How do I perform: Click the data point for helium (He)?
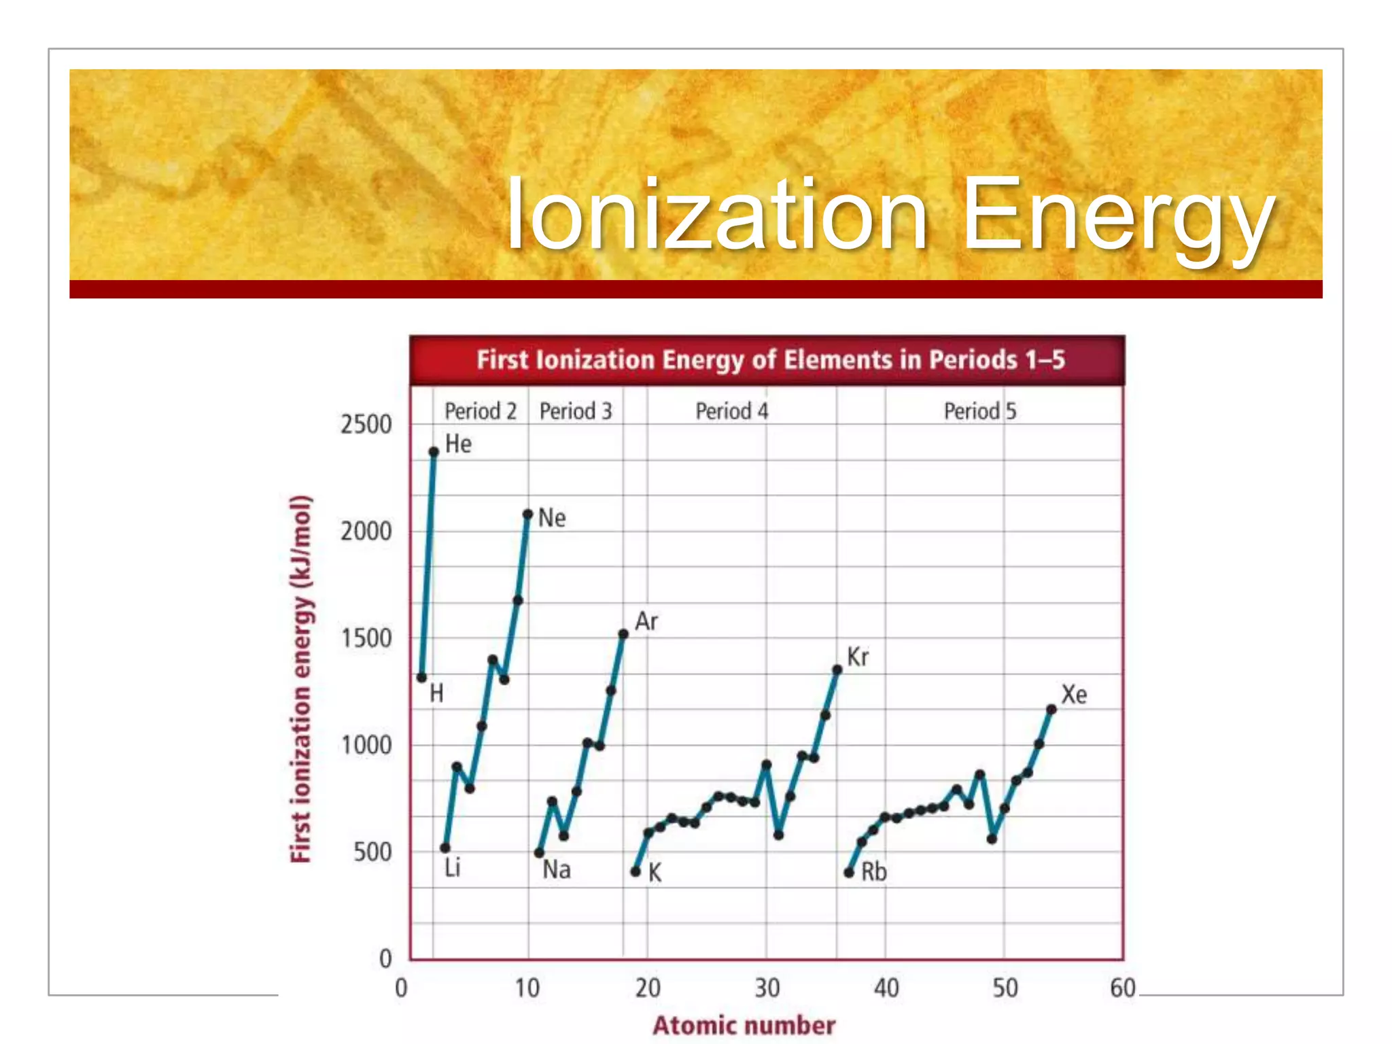(x=434, y=452)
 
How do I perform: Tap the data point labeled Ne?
(x=528, y=515)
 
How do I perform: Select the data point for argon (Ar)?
(x=623, y=634)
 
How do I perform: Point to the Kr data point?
(x=837, y=670)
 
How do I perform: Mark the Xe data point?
(x=1051, y=710)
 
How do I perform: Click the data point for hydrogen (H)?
(x=421, y=678)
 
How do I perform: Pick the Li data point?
(x=445, y=848)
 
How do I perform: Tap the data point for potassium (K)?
(x=636, y=871)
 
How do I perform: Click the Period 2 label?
(x=481, y=411)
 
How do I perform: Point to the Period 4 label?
(x=731, y=411)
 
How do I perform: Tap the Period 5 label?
(x=980, y=411)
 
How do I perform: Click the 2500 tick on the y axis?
(x=366, y=425)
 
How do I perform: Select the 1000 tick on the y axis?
(x=366, y=746)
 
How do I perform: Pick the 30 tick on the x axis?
(x=767, y=988)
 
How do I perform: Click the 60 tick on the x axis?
(x=1123, y=988)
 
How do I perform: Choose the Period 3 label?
(x=576, y=411)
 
